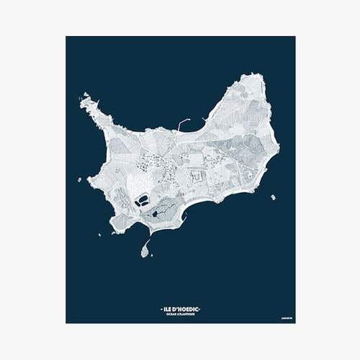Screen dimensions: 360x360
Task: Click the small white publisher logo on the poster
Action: [x=286, y=315]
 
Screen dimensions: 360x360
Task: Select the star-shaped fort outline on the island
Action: [x=197, y=173]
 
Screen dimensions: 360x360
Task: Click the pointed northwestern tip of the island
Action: [x=84, y=95]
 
